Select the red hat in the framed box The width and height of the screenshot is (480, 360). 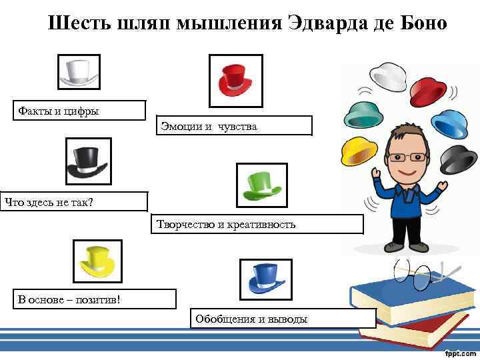(235, 81)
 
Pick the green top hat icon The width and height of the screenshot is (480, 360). (262, 185)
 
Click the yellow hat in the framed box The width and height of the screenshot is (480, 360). (96, 262)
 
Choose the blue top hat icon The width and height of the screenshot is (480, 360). (266, 278)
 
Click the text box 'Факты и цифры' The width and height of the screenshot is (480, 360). (79, 111)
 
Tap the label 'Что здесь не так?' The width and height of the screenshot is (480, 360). (73, 201)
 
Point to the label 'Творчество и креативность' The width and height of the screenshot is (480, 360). (259, 224)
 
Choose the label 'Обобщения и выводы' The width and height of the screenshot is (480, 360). (283, 319)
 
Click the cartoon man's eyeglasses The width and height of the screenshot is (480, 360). (407, 157)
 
